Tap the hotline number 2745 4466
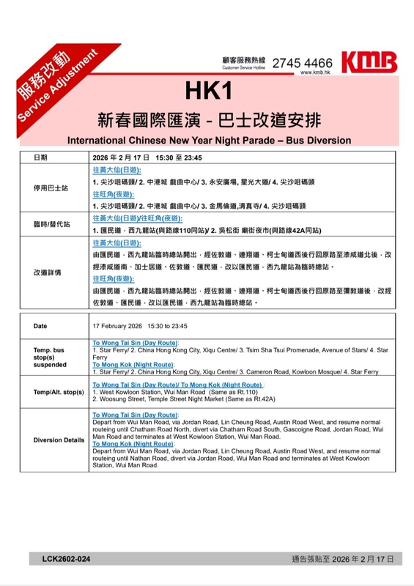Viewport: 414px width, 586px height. click(302, 63)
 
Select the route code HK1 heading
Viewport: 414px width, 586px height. click(208, 91)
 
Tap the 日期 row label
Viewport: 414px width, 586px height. click(41, 157)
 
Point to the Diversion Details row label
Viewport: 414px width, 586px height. click(53, 440)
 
